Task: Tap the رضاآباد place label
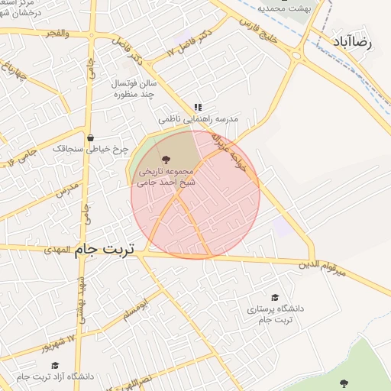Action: tap(352, 43)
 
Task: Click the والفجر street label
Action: tap(57, 34)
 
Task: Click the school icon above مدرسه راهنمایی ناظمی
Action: tap(197, 108)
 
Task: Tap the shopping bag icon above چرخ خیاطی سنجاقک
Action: tap(91, 138)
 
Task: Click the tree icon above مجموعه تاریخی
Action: tap(166, 159)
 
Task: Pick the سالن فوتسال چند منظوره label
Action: tap(134, 88)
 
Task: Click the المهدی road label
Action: tap(57, 250)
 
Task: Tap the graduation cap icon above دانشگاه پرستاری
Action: tap(275, 297)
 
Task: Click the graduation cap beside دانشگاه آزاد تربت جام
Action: tap(56, 366)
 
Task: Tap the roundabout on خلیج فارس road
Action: tap(297, 54)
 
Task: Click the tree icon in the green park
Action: tap(343, 383)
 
